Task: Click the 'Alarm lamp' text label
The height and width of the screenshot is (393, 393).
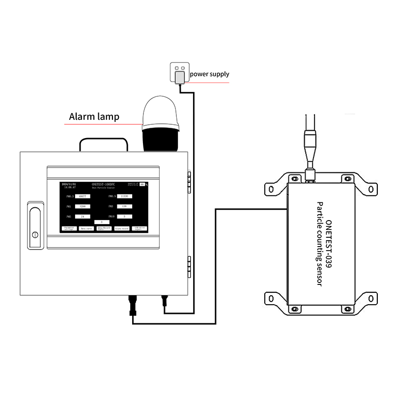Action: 94,117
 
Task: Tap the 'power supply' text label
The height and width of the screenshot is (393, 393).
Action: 209,74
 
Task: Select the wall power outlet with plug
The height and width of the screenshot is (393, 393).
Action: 179,73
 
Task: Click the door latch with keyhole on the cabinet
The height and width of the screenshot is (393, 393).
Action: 34,225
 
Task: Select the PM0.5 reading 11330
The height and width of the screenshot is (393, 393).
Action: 125,196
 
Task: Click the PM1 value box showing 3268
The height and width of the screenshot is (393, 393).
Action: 83,206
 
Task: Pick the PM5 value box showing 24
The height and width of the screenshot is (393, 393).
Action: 83,216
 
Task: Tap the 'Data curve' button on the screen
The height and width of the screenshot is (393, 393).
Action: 86,228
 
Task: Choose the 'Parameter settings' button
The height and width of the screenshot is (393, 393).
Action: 69,228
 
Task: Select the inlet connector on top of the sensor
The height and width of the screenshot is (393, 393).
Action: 310,173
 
